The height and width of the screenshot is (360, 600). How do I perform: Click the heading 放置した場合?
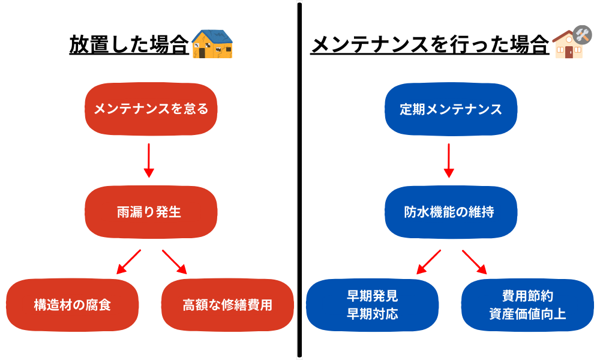click(x=129, y=45)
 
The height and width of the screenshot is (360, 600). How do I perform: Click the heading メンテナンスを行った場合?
click(x=430, y=45)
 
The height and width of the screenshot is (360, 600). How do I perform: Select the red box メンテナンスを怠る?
click(x=151, y=109)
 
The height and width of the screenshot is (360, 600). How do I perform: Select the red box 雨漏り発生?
click(x=151, y=212)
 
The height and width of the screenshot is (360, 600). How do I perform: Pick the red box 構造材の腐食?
click(x=73, y=305)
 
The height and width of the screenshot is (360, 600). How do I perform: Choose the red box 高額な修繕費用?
click(x=227, y=305)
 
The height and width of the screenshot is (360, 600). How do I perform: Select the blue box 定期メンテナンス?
click(x=451, y=109)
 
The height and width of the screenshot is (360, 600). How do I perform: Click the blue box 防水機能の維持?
click(x=451, y=212)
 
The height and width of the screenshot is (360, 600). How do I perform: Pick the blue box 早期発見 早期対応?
click(x=373, y=305)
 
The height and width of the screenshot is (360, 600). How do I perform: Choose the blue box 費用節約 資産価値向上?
click(x=527, y=305)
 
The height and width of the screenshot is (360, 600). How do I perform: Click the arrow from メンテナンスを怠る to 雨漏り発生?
click(x=149, y=160)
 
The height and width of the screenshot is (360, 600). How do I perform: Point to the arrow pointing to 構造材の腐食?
click(x=128, y=262)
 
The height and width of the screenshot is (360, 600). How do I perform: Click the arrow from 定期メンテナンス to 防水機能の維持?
click(x=449, y=160)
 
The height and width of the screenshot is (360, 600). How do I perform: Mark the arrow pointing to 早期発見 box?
click(x=428, y=262)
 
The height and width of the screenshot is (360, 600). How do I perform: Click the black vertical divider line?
click(x=299, y=180)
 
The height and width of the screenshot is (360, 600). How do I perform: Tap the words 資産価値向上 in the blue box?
click(x=527, y=314)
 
